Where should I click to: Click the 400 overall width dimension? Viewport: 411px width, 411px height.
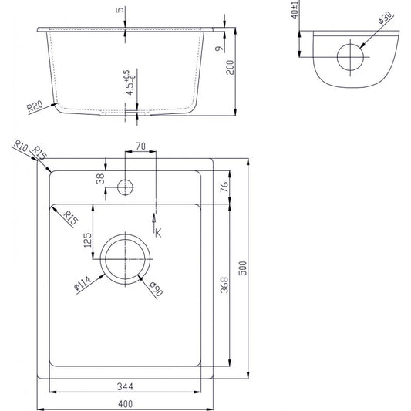pos(125,403)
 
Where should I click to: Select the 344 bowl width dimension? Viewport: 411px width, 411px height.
pos(125,386)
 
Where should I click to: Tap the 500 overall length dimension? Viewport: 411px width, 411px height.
pos(243,268)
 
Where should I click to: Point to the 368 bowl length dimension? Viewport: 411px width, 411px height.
pos(224,285)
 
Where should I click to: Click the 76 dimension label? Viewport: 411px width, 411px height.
pos(224,187)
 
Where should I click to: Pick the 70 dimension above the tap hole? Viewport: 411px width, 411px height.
pos(140,146)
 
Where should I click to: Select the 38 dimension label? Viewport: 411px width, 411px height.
pos(100,179)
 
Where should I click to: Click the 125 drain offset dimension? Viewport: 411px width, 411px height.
pos(88,240)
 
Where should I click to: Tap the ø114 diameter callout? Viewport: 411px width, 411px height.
pos(83,284)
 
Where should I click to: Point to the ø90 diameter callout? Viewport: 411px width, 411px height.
pos(156,288)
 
